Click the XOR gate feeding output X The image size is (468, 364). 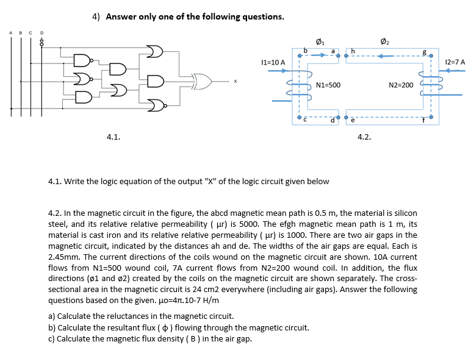point(201,80)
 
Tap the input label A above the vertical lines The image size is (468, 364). point(11,33)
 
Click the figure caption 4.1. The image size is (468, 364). point(113,137)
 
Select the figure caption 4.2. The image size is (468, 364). point(364,137)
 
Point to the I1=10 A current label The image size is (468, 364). point(272,62)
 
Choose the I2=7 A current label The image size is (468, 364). point(455,62)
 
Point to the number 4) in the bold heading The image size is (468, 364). point(96,16)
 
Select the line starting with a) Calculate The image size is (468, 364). point(140,316)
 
